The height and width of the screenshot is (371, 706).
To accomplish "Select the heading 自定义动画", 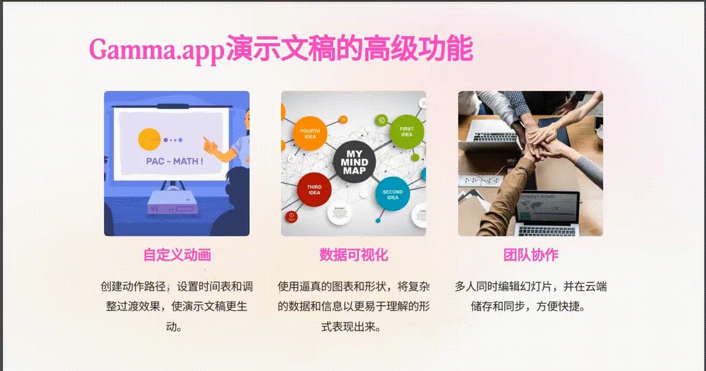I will pyautogui.click(x=177, y=255).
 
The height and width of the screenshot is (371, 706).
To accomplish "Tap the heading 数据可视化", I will pyautogui.click(x=354, y=255).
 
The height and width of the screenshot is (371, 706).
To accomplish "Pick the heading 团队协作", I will pyautogui.click(x=531, y=255).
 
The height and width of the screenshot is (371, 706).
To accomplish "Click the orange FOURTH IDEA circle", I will pyautogui.click(x=310, y=133).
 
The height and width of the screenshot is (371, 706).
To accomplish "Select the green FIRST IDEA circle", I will pyautogui.click(x=407, y=131).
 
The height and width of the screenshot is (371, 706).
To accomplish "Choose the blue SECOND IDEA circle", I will pyautogui.click(x=393, y=194).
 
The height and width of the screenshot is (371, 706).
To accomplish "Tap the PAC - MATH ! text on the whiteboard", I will pyautogui.click(x=174, y=161).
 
